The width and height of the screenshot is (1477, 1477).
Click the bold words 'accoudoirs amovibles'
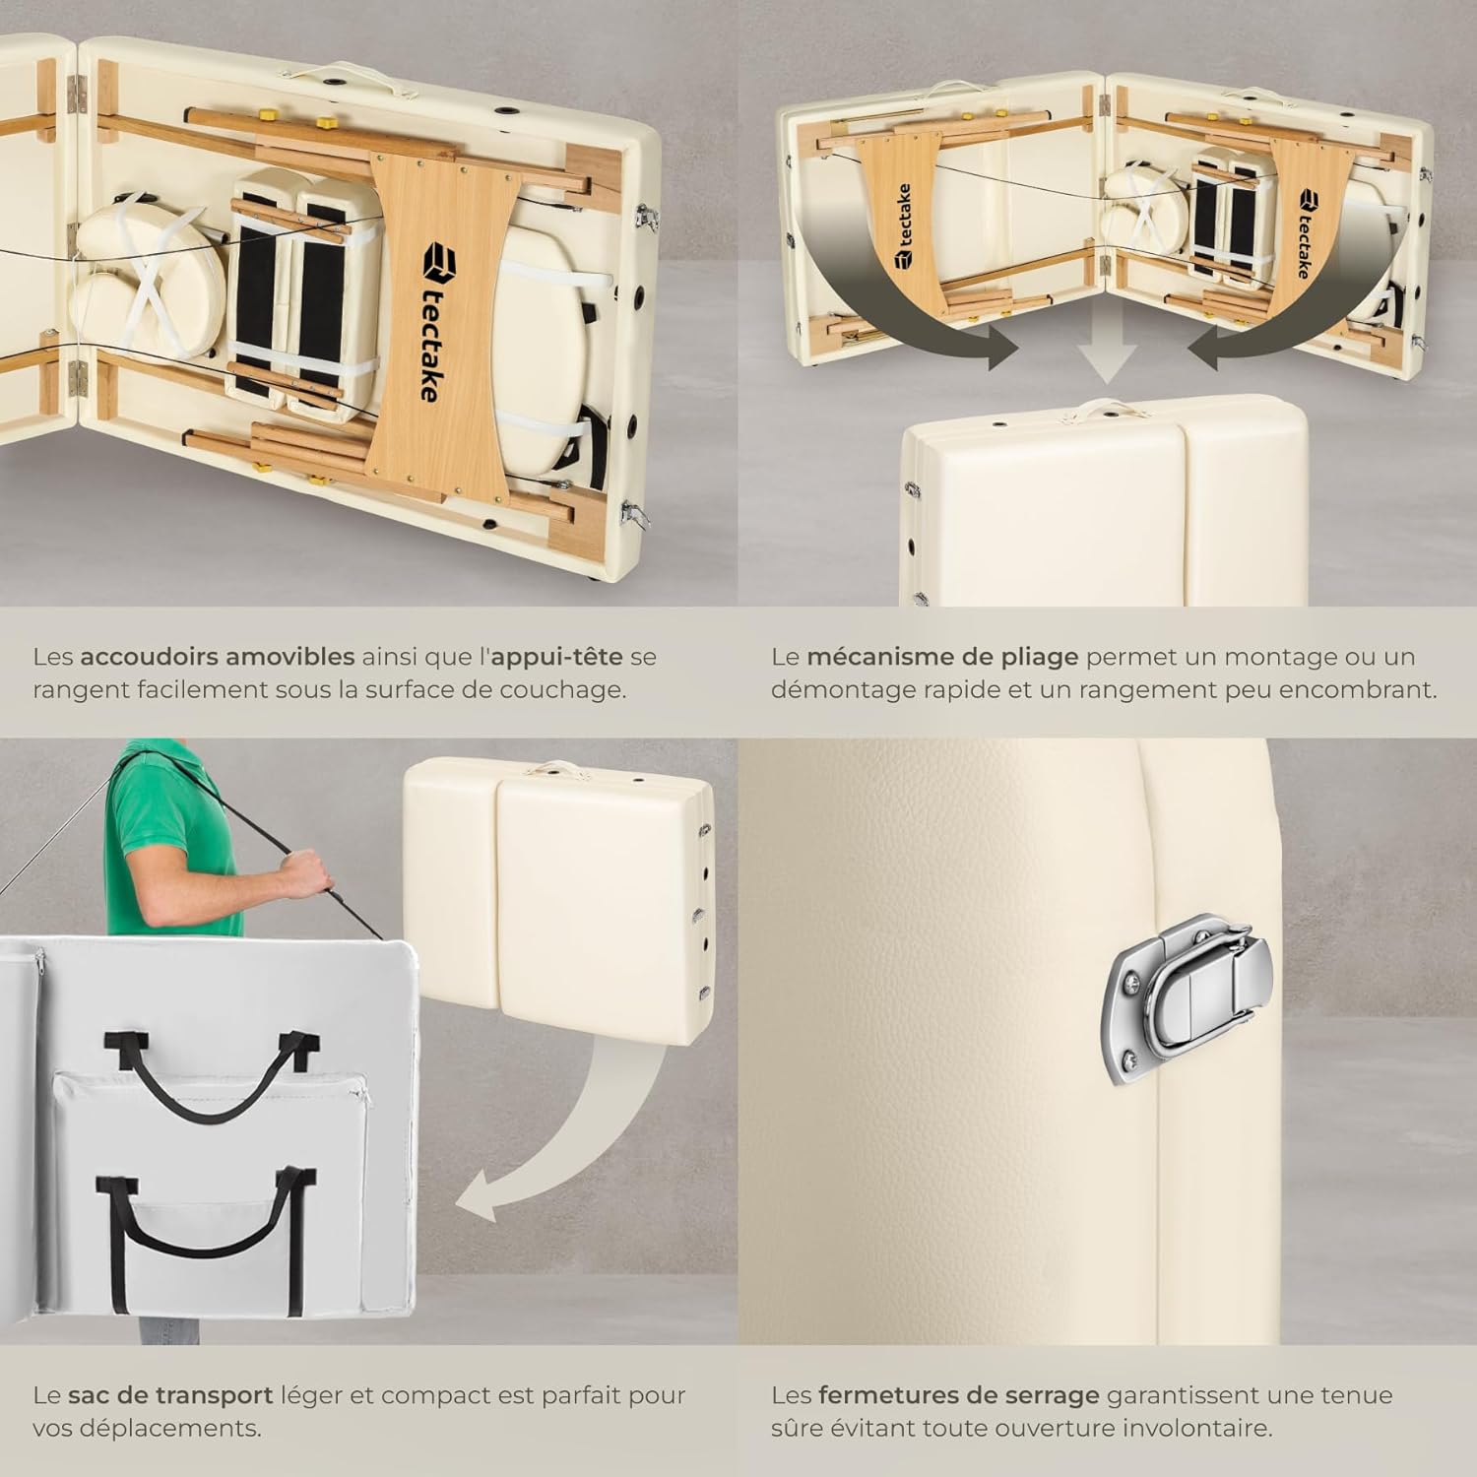tap(218, 657)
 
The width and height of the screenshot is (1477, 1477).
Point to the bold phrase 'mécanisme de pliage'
tap(942, 657)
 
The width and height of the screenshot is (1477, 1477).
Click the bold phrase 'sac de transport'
tap(170, 1395)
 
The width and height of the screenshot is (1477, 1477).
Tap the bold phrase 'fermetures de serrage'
tap(958, 1395)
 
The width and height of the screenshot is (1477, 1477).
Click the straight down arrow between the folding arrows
tap(1108, 349)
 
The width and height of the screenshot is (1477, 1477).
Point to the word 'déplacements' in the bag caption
tap(163, 1428)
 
